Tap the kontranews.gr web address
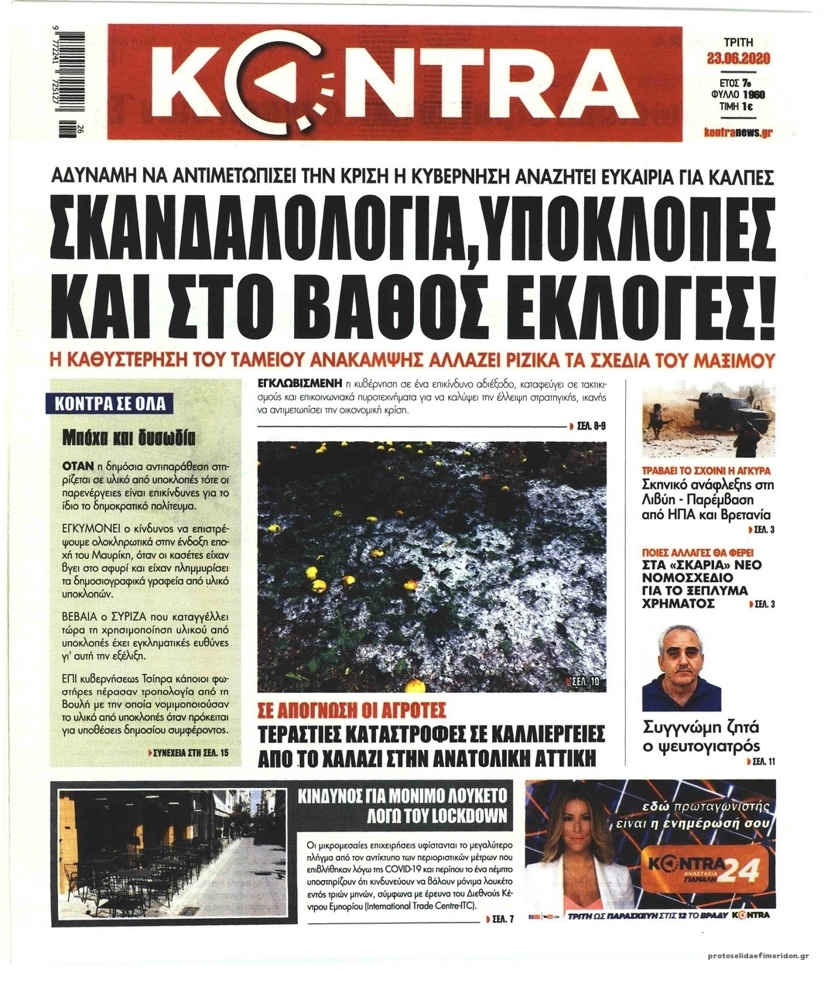pos(740,132)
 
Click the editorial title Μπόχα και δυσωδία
pos(128,438)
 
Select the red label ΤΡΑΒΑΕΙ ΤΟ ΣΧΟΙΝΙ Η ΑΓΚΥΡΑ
pos(707,470)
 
